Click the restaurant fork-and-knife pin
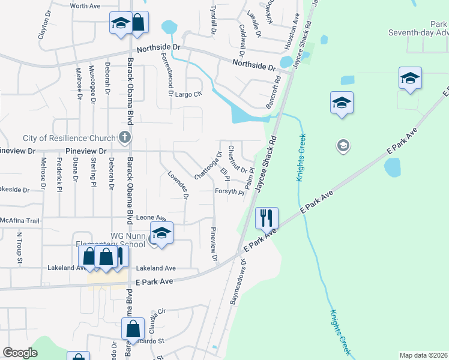(x=267, y=218)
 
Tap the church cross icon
(x=125, y=137)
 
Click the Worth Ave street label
(x=85, y=6)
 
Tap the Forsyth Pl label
(x=229, y=193)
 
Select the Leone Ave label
(x=151, y=218)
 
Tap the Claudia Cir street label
(x=158, y=314)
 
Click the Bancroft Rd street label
(x=277, y=91)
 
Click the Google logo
(x=20, y=353)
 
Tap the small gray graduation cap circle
(x=343, y=145)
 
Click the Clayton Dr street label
(x=43, y=28)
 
